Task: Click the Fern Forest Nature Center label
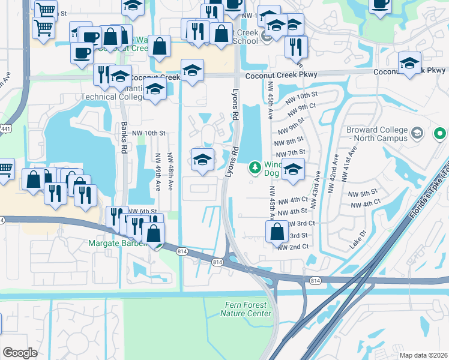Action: coord(246,309)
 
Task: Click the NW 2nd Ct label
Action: coord(297,247)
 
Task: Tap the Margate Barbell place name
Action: coord(118,244)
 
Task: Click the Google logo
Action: coord(20,352)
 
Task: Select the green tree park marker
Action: coord(255,166)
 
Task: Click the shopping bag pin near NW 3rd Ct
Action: coord(277,232)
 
